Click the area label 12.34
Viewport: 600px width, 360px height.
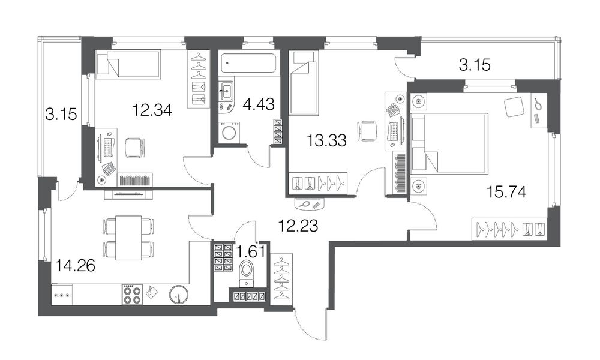(152, 110)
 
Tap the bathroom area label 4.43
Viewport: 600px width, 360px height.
(259, 104)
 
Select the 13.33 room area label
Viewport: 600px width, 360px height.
(327, 141)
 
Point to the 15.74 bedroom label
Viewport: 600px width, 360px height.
(506, 191)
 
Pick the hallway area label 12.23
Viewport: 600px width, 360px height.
(298, 226)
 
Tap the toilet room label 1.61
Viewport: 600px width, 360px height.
(251, 252)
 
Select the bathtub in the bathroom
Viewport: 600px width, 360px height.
(249, 64)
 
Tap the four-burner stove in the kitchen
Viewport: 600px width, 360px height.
(133, 294)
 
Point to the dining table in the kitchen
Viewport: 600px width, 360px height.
(128, 238)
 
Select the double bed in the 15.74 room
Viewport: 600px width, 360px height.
(449, 142)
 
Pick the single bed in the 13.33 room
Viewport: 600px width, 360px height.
(304, 82)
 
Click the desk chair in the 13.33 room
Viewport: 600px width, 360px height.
(366, 131)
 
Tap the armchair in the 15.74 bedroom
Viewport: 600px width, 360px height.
(513, 106)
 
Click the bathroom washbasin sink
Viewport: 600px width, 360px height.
(227, 90)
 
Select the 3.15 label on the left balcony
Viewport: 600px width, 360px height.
(61, 114)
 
